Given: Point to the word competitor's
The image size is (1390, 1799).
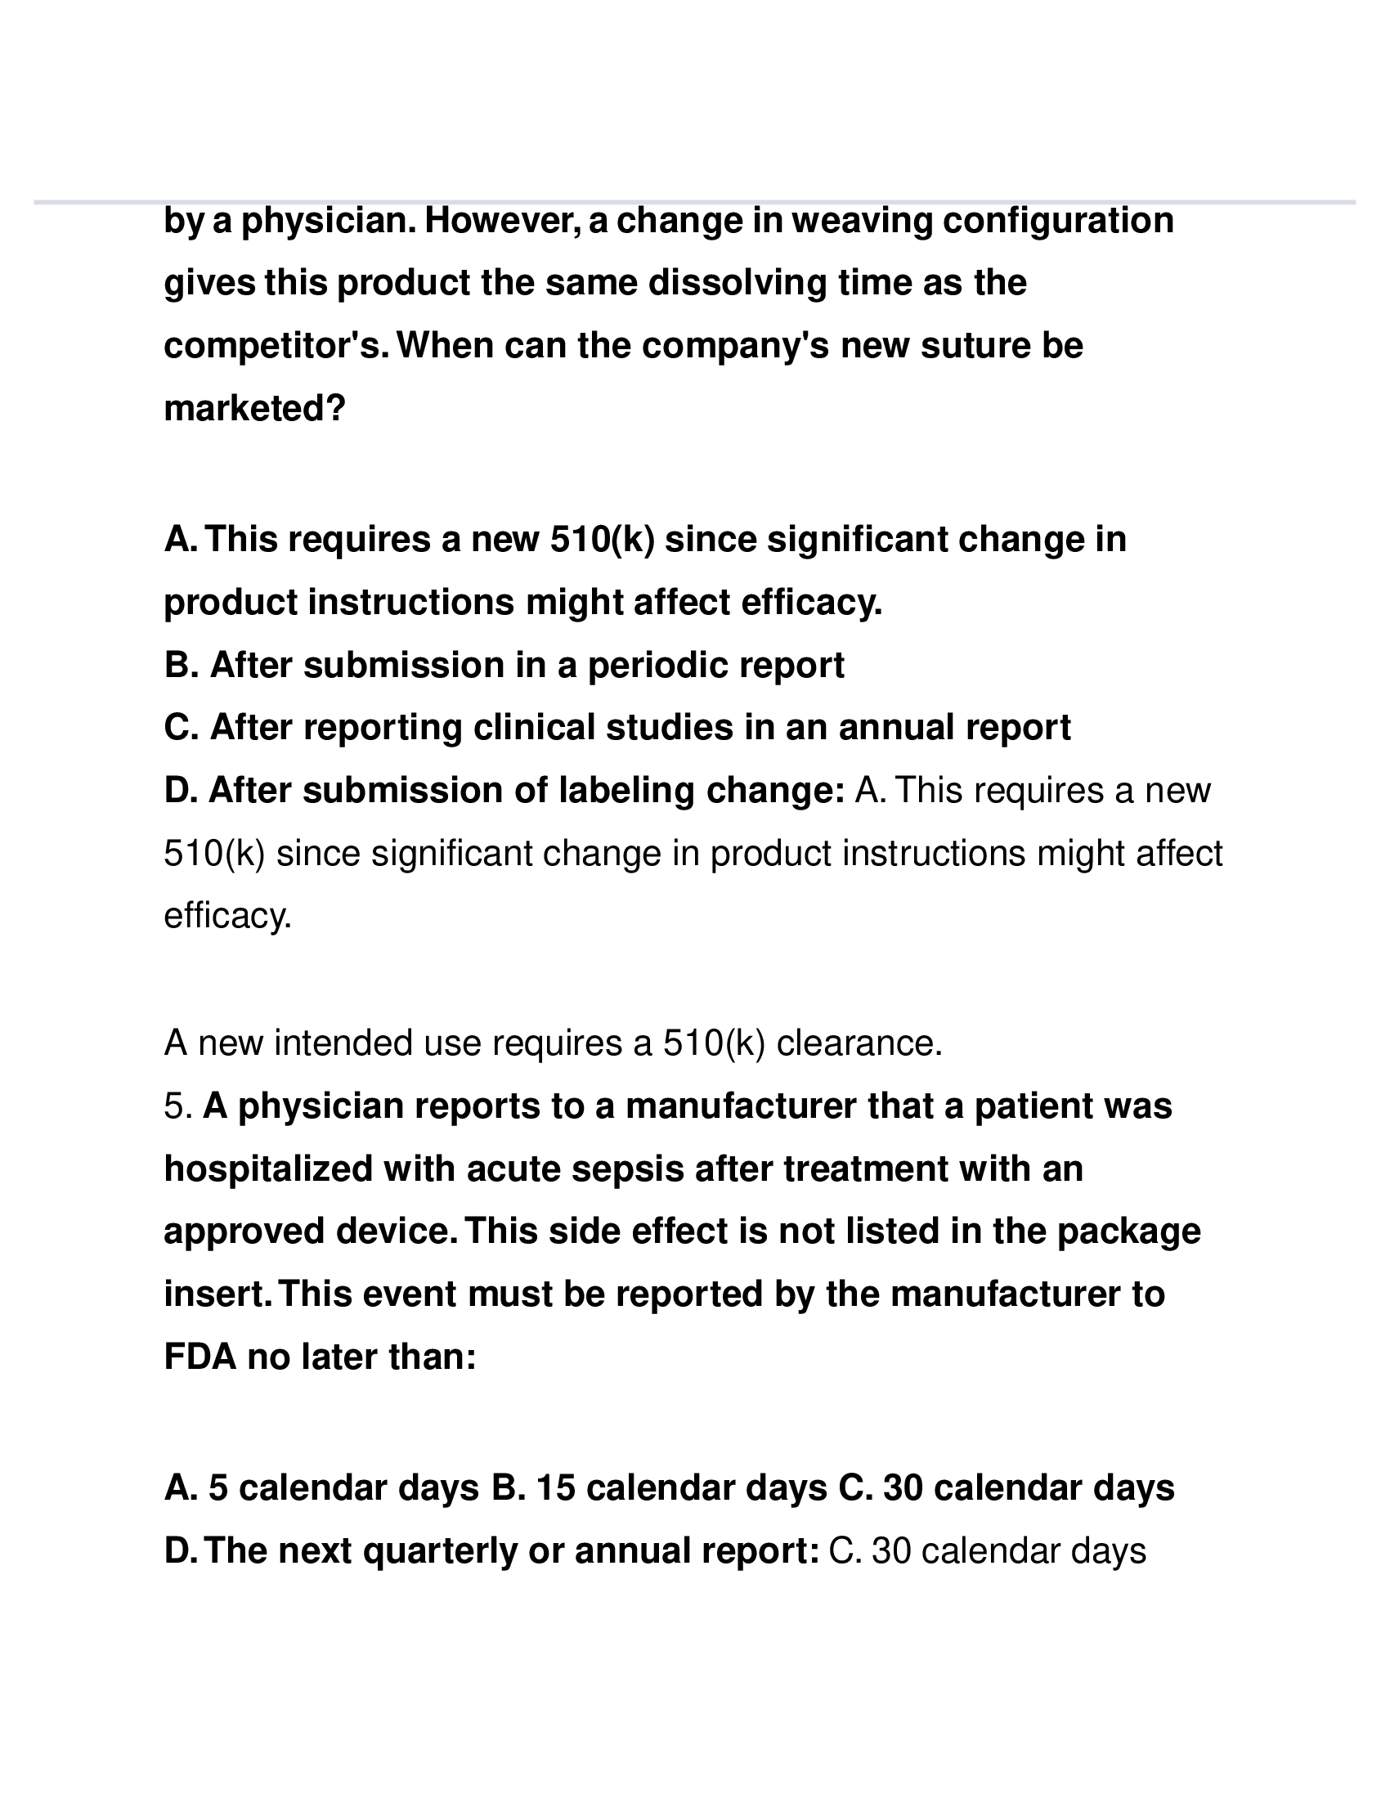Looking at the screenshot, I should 275,346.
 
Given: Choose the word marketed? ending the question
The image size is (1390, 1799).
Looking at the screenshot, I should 254,409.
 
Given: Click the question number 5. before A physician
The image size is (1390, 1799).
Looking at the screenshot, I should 178,1106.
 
